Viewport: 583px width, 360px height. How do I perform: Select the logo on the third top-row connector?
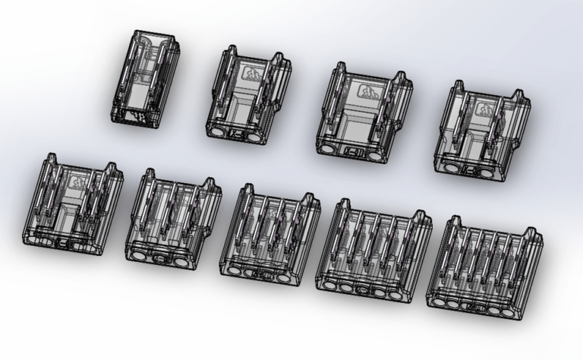pyautogui.click(x=367, y=93)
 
